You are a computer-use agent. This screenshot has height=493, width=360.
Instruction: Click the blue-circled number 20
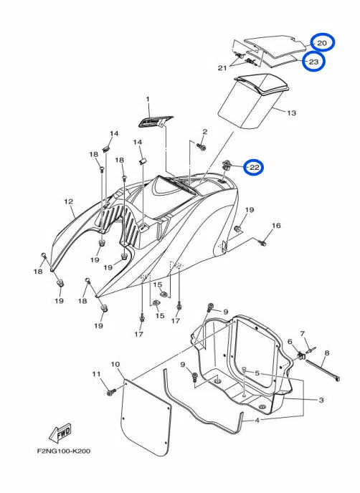point(322,43)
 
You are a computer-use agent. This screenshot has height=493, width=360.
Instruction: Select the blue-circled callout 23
point(313,62)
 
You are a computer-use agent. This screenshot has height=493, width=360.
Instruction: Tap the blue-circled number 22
point(255,167)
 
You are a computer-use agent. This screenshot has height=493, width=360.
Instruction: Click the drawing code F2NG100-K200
point(64,451)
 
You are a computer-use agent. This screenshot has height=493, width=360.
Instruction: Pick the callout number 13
point(292,113)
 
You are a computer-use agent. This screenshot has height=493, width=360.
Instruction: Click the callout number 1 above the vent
point(148,100)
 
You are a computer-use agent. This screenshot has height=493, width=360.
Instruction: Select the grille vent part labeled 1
point(155,121)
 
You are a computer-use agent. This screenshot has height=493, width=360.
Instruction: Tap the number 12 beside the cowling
point(69,201)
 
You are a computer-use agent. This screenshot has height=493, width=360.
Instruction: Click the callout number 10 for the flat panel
point(115,364)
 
